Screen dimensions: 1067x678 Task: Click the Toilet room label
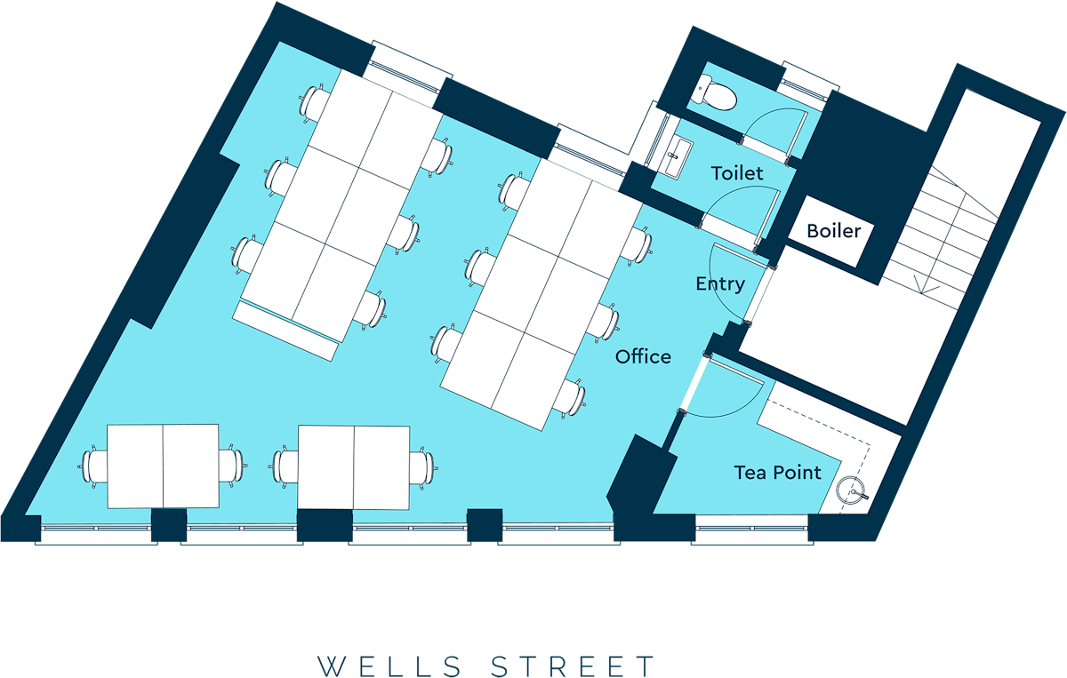click(737, 173)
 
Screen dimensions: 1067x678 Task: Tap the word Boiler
click(834, 231)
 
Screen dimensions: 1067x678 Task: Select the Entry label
click(720, 284)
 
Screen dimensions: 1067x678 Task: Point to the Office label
click(643, 356)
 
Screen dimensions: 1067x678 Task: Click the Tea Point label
click(777, 473)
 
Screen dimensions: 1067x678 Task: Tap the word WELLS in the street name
click(389, 666)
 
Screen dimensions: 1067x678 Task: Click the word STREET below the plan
click(573, 666)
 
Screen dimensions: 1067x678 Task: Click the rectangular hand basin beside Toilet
click(676, 158)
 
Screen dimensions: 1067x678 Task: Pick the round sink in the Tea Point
click(851, 490)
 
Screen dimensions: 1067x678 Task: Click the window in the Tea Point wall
click(752, 529)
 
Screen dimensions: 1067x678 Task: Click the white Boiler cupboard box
click(831, 231)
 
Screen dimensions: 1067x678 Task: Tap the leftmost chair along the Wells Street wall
click(93, 467)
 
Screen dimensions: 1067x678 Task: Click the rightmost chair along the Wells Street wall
click(423, 467)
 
